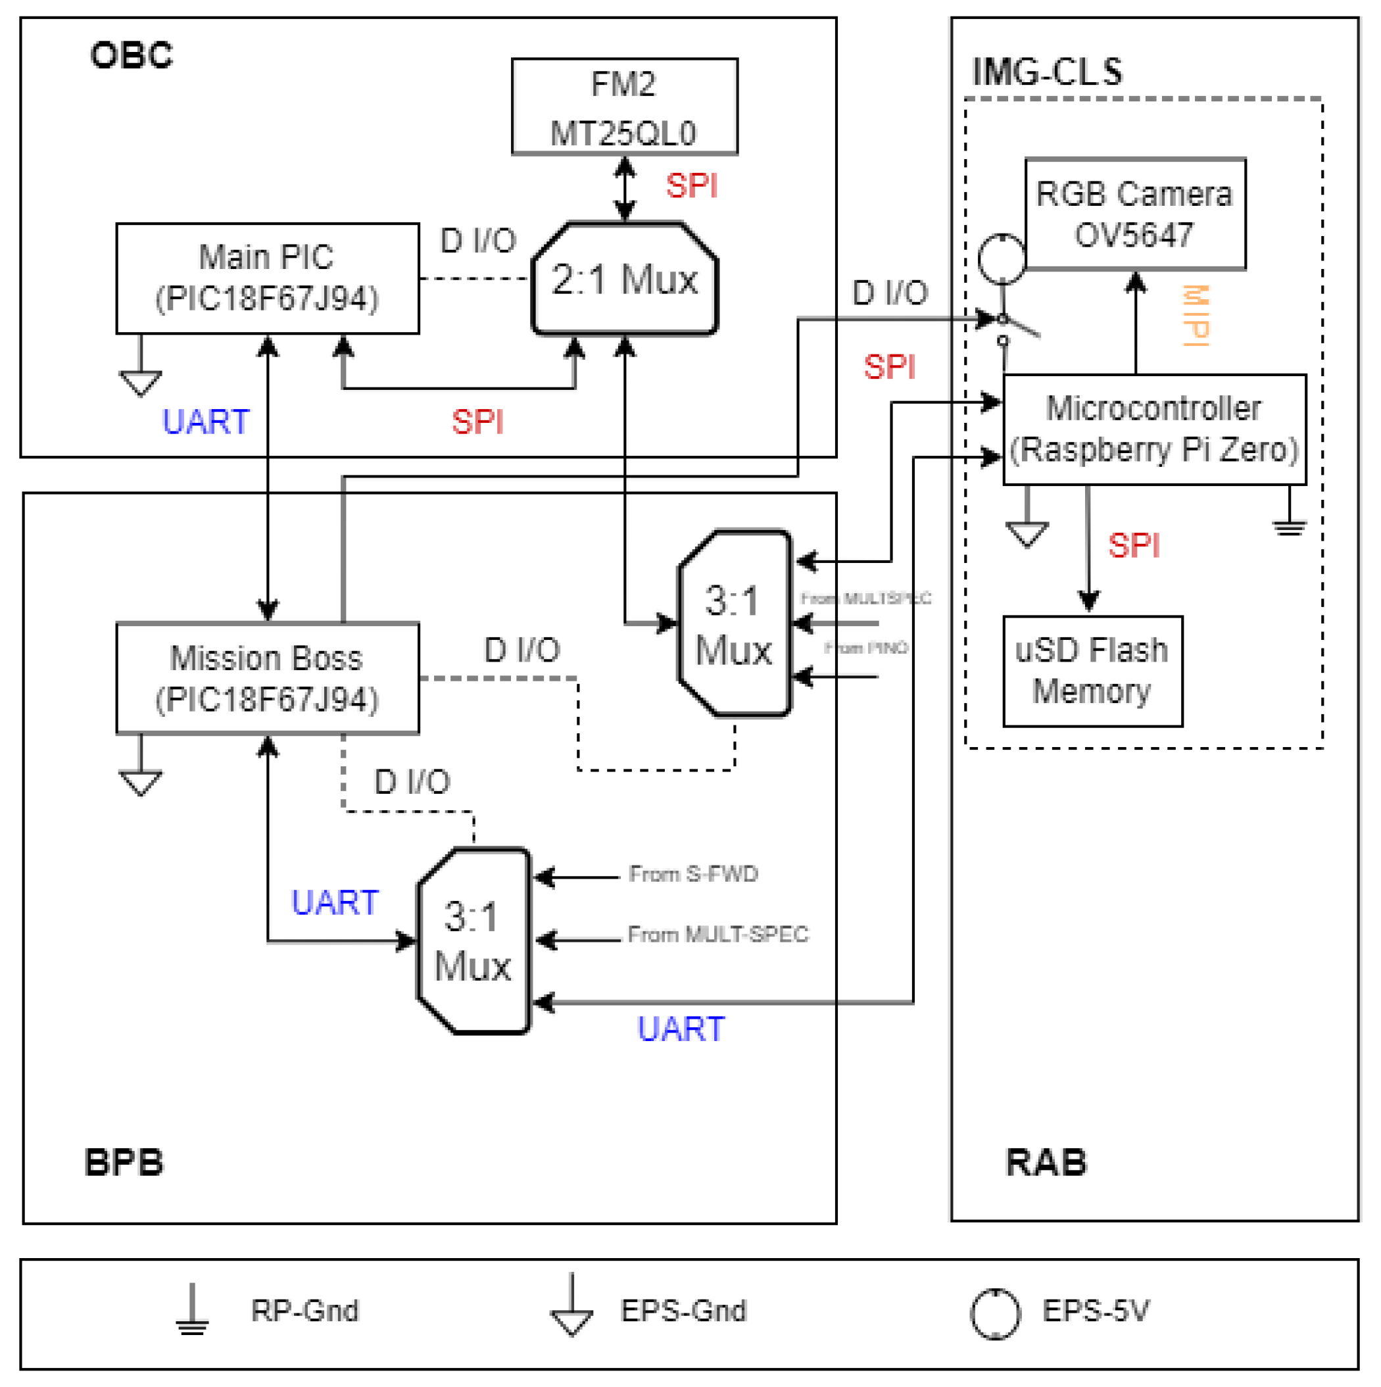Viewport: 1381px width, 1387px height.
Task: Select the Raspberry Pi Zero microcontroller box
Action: tap(1153, 429)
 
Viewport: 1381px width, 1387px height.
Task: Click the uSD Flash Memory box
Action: tap(1092, 671)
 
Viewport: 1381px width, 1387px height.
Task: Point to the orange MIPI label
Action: tap(1196, 315)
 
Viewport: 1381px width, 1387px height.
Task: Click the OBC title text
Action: tap(132, 55)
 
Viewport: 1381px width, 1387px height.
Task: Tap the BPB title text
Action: tap(124, 1162)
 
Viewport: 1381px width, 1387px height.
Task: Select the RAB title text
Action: tap(1046, 1162)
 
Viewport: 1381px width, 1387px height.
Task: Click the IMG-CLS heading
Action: tap(1046, 72)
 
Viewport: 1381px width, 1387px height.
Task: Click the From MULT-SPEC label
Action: tap(717, 934)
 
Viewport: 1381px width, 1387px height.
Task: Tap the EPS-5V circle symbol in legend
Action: tap(995, 1314)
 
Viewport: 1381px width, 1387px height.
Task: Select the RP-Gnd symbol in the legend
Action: tap(193, 1310)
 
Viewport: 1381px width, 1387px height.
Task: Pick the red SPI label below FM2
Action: tap(692, 186)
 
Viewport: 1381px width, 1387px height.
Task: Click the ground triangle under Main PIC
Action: tap(141, 382)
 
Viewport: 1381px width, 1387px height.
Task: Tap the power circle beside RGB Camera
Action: tap(1002, 258)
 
